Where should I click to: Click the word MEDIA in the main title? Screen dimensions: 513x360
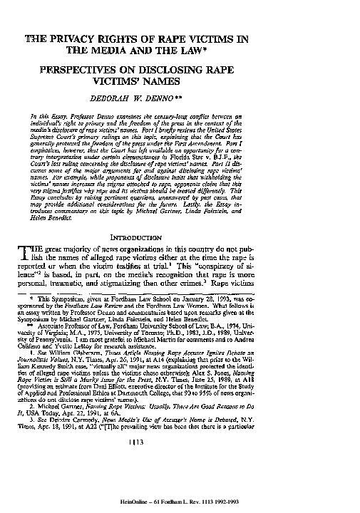point(146,51)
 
